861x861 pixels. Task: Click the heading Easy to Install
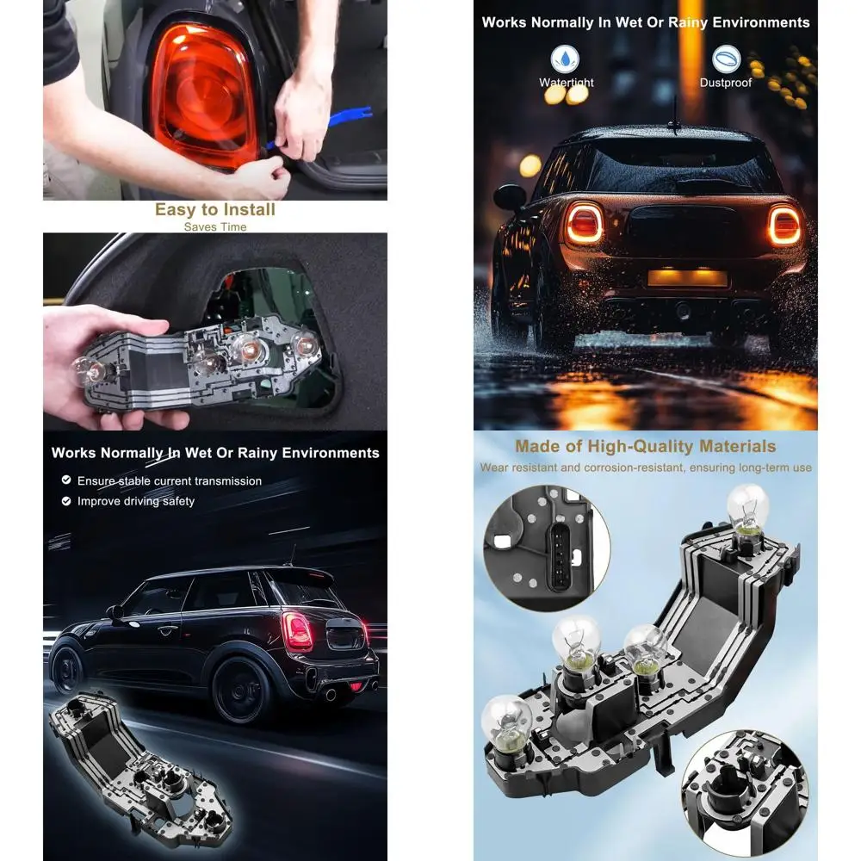(x=215, y=209)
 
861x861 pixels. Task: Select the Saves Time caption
(x=215, y=227)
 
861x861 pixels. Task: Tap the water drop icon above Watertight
(x=566, y=59)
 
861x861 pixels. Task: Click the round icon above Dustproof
(x=726, y=59)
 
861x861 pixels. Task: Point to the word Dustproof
(x=726, y=83)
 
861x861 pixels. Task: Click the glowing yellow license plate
(x=687, y=277)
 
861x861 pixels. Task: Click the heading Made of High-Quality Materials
(x=646, y=446)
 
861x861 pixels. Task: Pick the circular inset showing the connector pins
(x=548, y=548)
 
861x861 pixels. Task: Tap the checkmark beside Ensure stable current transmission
(x=66, y=480)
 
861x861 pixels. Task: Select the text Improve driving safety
(x=136, y=501)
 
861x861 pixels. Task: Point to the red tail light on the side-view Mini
(x=298, y=631)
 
